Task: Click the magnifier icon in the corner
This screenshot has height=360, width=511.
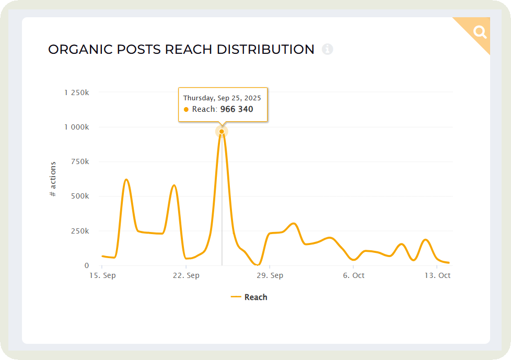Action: click(x=480, y=32)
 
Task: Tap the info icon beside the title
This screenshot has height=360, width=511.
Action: click(x=328, y=49)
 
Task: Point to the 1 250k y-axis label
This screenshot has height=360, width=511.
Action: click(x=76, y=92)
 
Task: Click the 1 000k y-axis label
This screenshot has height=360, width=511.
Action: click(x=76, y=127)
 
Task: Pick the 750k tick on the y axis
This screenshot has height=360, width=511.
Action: click(x=80, y=162)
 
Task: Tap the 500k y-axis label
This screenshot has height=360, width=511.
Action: click(x=80, y=196)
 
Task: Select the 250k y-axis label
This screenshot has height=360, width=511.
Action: click(x=80, y=231)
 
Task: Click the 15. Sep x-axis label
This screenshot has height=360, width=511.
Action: click(x=102, y=275)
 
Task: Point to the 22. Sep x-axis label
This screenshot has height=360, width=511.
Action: click(x=186, y=275)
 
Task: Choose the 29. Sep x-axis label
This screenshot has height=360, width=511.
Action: click(x=270, y=275)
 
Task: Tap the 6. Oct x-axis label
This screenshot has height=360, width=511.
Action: click(x=354, y=275)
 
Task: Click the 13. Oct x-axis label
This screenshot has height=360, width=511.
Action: click(x=437, y=275)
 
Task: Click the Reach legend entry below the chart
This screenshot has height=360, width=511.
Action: click(x=250, y=297)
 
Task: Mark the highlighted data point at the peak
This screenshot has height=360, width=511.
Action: click(x=222, y=131)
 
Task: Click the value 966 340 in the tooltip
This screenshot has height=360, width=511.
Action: click(x=237, y=109)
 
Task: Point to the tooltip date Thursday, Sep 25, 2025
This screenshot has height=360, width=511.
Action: click(x=222, y=98)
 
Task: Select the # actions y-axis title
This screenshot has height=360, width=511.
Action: click(x=53, y=179)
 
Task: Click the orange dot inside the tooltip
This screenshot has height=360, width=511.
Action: click(x=187, y=110)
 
